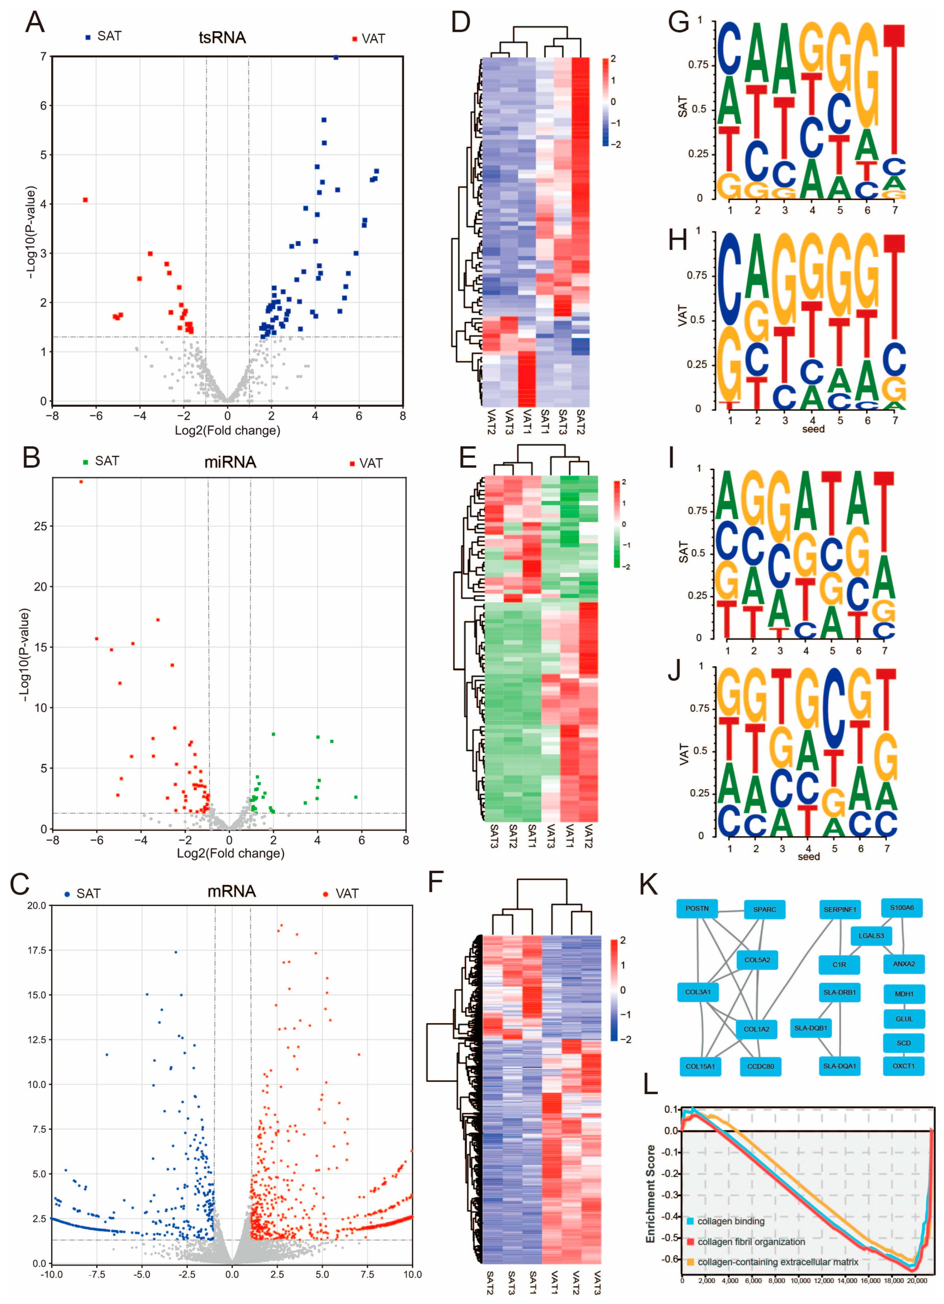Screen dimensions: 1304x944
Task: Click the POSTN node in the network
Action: click(x=697, y=908)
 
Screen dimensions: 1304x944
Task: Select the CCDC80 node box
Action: click(x=760, y=1066)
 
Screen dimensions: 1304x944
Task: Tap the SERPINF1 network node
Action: click(x=839, y=909)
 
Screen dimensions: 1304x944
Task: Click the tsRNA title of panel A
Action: click(x=222, y=38)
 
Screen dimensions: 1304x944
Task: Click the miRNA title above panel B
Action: click(x=230, y=462)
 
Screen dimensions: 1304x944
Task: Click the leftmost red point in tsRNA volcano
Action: click(x=85, y=200)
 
